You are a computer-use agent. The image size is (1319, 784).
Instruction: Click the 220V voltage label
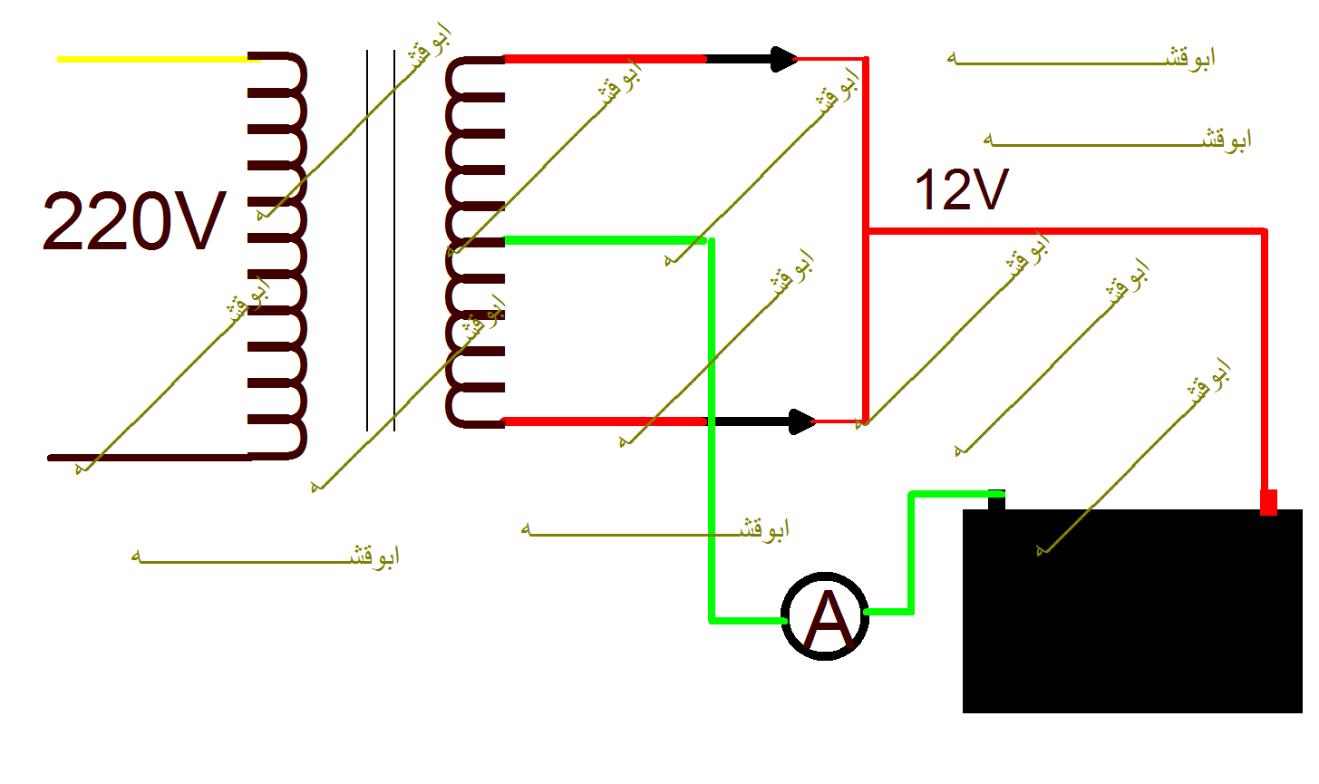[x=134, y=221]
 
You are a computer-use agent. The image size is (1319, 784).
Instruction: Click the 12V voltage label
[x=962, y=189]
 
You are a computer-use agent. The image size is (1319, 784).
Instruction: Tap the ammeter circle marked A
[x=825, y=616]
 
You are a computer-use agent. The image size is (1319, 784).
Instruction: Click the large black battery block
[x=1132, y=611]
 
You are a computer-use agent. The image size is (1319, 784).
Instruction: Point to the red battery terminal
[x=1268, y=502]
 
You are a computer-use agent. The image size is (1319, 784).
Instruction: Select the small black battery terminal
[x=996, y=499]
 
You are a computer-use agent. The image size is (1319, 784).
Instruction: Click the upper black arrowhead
[x=784, y=59]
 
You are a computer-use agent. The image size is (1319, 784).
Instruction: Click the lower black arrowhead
[x=802, y=421]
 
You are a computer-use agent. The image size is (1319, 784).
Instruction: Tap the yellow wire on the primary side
[x=159, y=59]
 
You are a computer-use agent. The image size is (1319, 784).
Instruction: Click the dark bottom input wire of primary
[x=150, y=458]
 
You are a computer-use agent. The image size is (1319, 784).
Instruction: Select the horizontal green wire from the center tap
[x=606, y=240]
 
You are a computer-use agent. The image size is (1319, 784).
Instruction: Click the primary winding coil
[x=277, y=256]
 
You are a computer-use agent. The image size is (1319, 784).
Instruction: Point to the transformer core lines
[x=381, y=240]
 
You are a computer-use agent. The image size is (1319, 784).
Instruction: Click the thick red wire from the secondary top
[x=606, y=59]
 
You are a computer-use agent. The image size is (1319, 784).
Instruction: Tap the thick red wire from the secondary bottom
[x=606, y=421]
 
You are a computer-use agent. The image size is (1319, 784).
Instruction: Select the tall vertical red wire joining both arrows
[x=866, y=239]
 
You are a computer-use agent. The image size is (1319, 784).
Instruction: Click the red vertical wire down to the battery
[x=1265, y=360]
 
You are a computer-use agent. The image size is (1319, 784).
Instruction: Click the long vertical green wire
[x=712, y=430]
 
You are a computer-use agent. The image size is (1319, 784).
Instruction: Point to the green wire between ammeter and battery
[x=912, y=552]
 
